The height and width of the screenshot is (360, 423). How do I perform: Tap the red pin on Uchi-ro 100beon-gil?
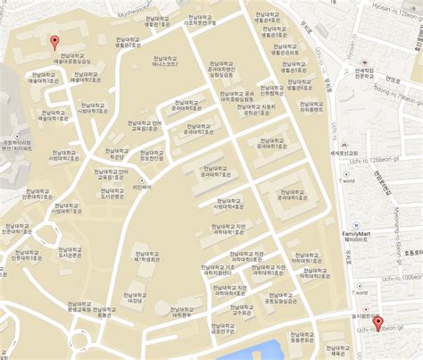click(x=377, y=323)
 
